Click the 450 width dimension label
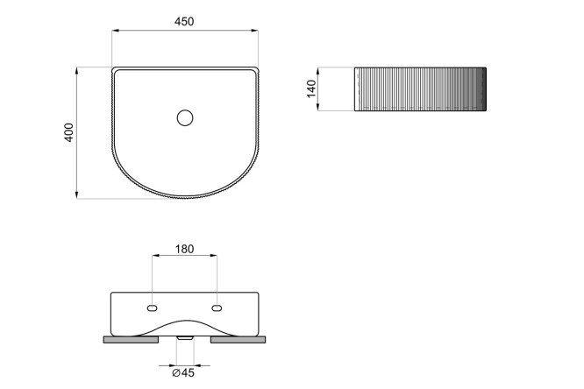[x=184, y=22]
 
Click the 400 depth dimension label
[x=69, y=132]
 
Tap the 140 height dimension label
[x=311, y=89]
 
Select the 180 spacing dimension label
[x=184, y=249]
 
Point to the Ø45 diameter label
[x=183, y=372]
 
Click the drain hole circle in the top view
[x=185, y=118]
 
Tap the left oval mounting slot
[x=153, y=308]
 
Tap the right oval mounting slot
[x=217, y=308]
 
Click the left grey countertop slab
[x=131, y=339]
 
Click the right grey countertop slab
[x=238, y=339]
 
